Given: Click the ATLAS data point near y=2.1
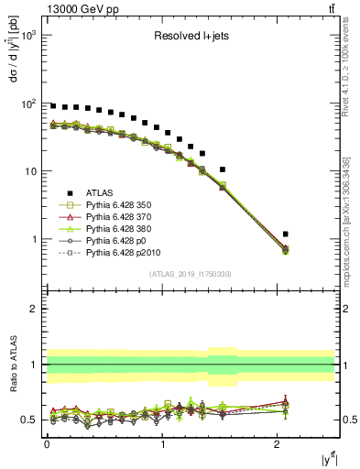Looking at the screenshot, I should pyautogui.click(x=286, y=234).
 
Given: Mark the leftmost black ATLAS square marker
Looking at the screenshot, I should pyautogui.click(x=53, y=106).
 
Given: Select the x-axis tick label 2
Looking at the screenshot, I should pyautogui.click(x=279, y=445).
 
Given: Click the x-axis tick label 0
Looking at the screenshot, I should pyautogui.click(x=47, y=445).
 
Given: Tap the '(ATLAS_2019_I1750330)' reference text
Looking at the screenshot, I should pyautogui.click(x=191, y=274).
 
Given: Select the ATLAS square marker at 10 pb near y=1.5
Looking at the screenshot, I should pyautogui.click(x=222, y=169).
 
